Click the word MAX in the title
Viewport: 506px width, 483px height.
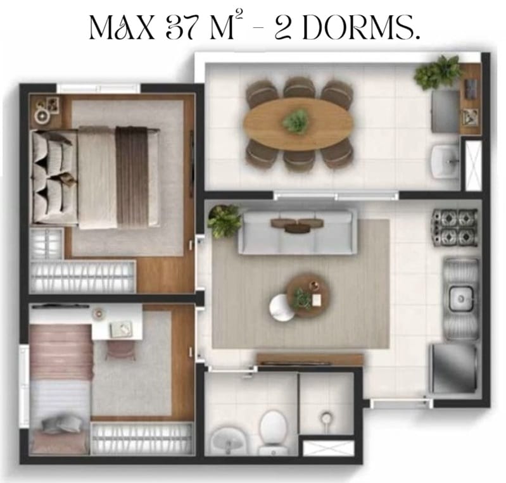click(123, 27)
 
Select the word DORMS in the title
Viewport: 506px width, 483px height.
click(362, 27)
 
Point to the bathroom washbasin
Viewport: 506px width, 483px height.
click(227, 440)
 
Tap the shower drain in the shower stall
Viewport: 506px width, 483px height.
click(327, 418)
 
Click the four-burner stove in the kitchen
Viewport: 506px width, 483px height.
click(455, 227)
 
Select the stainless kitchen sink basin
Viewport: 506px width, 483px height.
click(461, 299)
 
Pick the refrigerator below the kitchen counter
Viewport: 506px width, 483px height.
click(453, 368)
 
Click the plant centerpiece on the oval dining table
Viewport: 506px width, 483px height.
click(296, 121)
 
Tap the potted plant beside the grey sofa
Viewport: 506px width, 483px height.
click(224, 220)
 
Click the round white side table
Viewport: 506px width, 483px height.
click(281, 308)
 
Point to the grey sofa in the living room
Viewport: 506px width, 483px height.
click(298, 232)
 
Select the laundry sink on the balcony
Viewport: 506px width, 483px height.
click(446, 161)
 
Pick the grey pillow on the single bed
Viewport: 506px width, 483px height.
click(62, 423)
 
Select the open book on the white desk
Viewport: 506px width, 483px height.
click(122, 329)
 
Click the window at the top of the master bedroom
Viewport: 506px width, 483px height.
click(99, 88)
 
